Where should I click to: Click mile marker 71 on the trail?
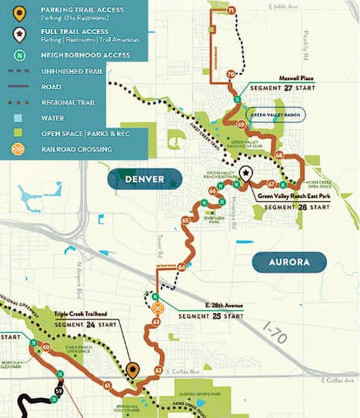pyautogui.click(x=232, y=11)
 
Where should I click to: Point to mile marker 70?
pyautogui.click(x=232, y=74)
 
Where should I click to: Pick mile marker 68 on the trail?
pyautogui.click(x=278, y=155)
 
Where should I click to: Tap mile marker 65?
pyautogui.click(x=185, y=221)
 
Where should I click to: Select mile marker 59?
pyautogui.click(x=60, y=393)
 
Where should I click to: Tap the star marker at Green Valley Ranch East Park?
pyautogui.click(x=245, y=173)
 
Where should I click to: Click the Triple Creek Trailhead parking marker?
pyautogui.click(x=132, y=370)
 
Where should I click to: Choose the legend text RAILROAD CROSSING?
pyautogui.click(x=79, y=149)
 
